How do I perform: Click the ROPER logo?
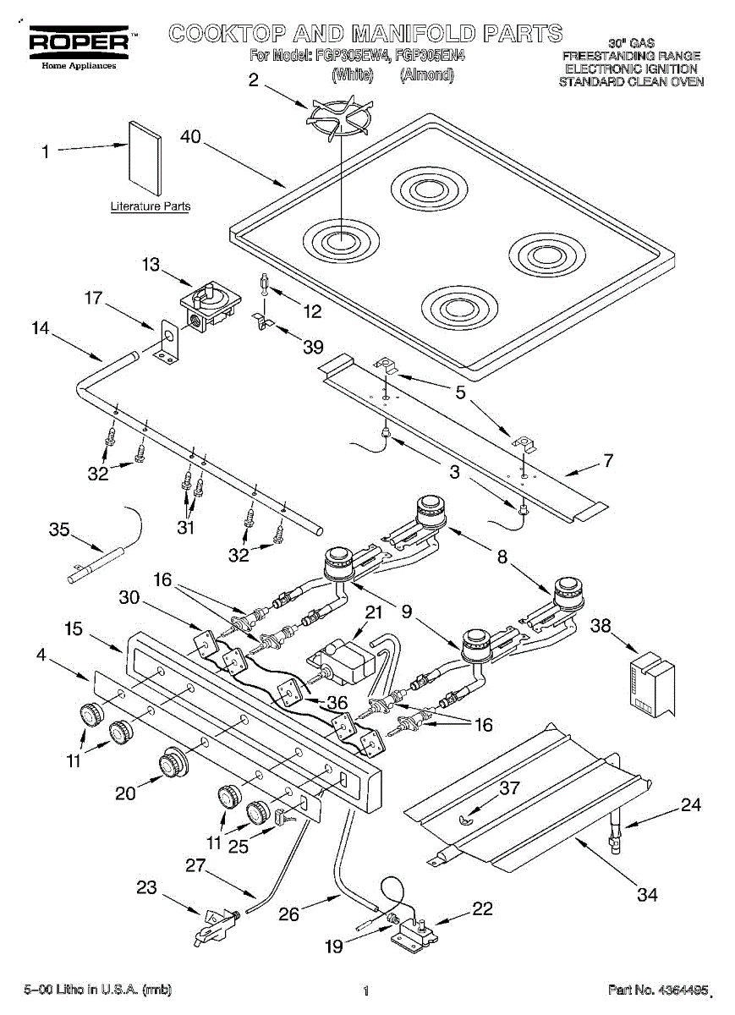[79, 42]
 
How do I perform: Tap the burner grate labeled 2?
[339, 118]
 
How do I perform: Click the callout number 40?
[190, 136]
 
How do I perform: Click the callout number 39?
[313, 347]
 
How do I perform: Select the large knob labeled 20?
[173, 762]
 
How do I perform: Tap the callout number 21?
[374, 612]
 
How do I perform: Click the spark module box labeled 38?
[651, 684]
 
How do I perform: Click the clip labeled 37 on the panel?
[465, 819]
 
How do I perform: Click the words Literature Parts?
[151, 206]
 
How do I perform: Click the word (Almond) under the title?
[427, 74]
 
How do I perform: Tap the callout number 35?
[59, 529]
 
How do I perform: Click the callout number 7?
[609, 460]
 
